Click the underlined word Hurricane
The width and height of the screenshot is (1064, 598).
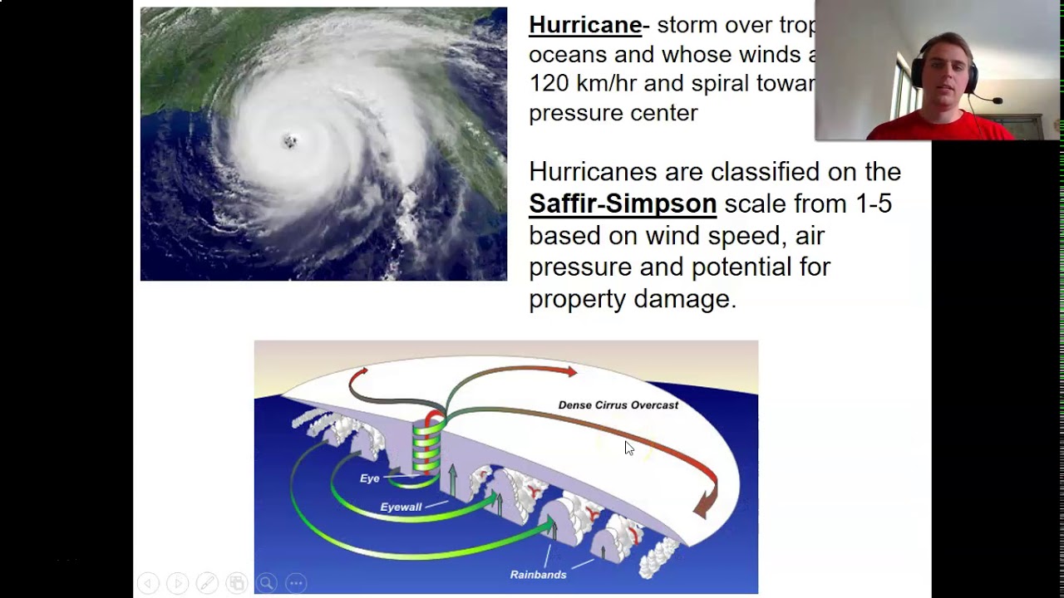[585, 25]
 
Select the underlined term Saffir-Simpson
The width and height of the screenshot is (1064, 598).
[623, 203]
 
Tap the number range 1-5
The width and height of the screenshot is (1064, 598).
[874, 203]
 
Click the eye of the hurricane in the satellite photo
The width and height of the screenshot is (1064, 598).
[290, 141]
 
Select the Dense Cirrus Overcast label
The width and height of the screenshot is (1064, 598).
[618, 405]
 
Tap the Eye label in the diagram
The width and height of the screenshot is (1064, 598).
[369, 478]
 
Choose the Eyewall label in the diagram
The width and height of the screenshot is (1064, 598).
[401, 507]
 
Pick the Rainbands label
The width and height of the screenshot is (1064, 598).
[538, 575]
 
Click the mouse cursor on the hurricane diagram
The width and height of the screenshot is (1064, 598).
[628, 448]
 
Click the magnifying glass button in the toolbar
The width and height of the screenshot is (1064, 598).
[266, 583]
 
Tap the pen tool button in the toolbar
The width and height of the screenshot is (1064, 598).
[207, 583]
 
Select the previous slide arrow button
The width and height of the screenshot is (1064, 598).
[148, 583]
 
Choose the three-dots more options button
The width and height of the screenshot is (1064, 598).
[296, 583]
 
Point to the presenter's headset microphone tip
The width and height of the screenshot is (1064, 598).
[998, 101]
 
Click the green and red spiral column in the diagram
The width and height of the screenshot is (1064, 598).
[426, 444]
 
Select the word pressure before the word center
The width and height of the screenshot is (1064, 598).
[571, 113]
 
